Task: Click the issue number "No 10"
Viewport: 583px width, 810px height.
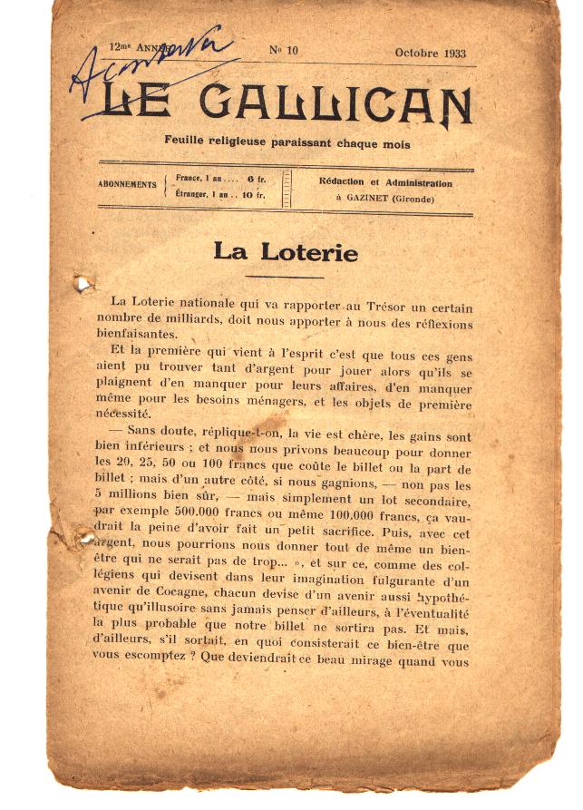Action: [284, 51]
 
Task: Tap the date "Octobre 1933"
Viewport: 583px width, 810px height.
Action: [430, 53]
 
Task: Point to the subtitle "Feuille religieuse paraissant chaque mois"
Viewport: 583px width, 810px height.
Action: [287, 142]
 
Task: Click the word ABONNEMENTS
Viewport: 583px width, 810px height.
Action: [127, 184]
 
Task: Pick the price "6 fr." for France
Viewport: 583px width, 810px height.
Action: [256, 179]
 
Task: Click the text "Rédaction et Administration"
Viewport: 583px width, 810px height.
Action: [385, 182]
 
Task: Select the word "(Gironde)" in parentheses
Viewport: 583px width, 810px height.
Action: [414, 200]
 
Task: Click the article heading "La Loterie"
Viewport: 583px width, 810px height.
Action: [286, 252]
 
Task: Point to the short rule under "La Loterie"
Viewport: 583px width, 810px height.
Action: [285, 277]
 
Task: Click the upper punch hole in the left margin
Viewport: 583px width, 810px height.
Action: [83, 285]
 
